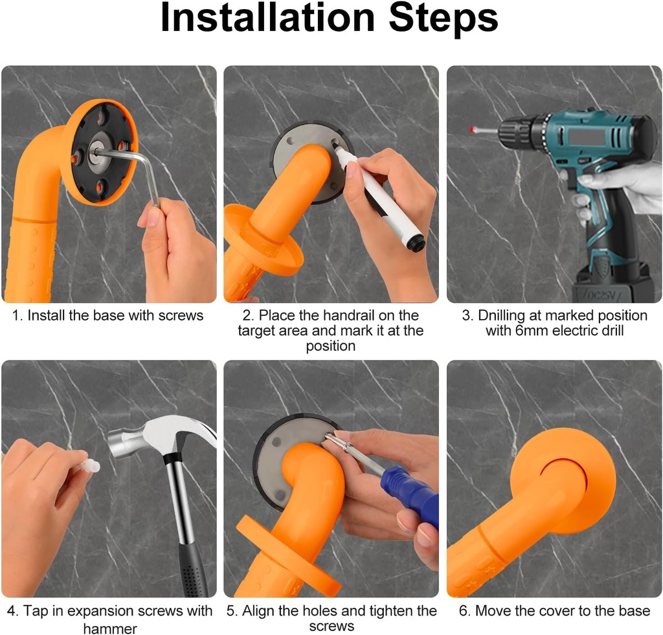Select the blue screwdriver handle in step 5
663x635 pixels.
414,495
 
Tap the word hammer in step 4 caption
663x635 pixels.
110,628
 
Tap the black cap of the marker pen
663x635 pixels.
415,243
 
